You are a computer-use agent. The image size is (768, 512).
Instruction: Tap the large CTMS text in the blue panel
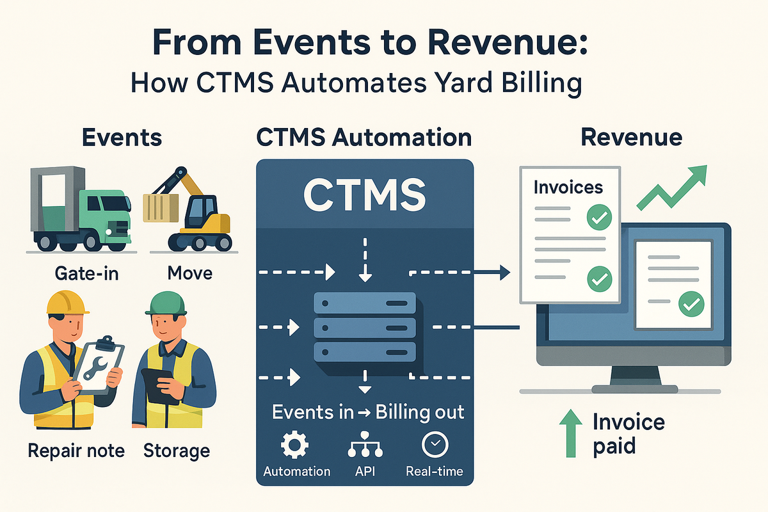[x=365, y=195]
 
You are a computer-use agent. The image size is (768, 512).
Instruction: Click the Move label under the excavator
[x=189, y=273]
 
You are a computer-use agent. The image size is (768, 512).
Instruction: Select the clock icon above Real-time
[x=435, y=444]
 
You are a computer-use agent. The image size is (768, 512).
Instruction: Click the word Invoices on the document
[x=568, y=187]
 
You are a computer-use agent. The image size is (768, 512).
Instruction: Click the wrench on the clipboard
[x=96, y=364]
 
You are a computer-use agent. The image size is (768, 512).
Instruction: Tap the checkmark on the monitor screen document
[x=691, y=304]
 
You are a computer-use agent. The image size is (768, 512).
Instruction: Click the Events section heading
[x=122, y=138]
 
